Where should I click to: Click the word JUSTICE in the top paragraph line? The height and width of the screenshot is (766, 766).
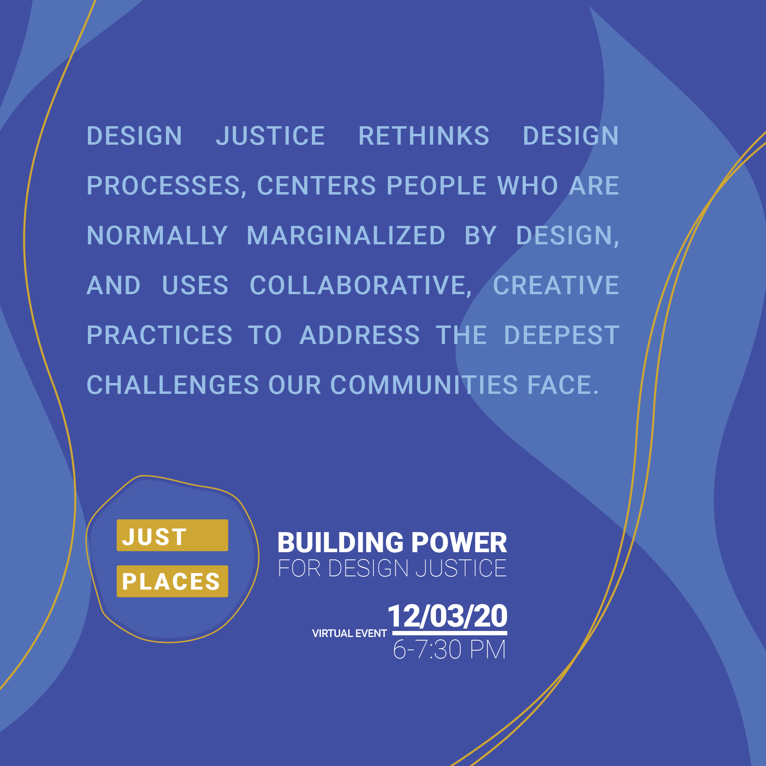pyautogui.click(x=270, y=136)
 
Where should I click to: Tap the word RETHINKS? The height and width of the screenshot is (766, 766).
pyautogui.click(x=424, y=136)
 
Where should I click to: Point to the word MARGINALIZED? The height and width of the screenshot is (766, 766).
pyautogui.click(x=346, y=236)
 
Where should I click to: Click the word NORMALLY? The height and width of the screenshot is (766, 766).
pyautogui.click(x=157, y=236)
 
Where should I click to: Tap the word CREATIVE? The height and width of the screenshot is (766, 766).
pyautogui.click(x=556, y=285)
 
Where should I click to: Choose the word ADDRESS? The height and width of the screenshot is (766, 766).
pyautogui.click(x=360, y=335)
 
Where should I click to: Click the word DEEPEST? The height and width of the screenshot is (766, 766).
pyautogui.click(x=562, y=335)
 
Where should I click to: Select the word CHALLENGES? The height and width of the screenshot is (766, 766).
pyautogui.click(x=173, y=385)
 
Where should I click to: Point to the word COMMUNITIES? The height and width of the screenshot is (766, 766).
pyautogui.click(x=424, y=385)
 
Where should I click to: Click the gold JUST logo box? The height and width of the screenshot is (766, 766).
pyautogui.click(x=173, y=535)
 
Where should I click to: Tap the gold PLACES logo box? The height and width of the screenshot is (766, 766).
pyautogui.click(x=173, y=581)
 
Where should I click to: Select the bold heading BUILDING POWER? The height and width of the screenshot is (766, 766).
pyautogui.click(x=392, y=543)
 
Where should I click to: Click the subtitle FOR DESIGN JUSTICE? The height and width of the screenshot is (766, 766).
pyautogui.click(x=392, y=568)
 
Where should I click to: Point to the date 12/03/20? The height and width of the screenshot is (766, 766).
pyautogui.click(x=448, y=616)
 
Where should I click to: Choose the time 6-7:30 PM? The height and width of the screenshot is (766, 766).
pyautogui.click(x=449, y=650)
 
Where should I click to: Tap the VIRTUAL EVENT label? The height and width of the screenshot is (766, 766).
pyautogui.click(x=349, y=634)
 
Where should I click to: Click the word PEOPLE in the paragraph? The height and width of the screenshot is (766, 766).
pyautogui.click(x=437, y=186)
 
